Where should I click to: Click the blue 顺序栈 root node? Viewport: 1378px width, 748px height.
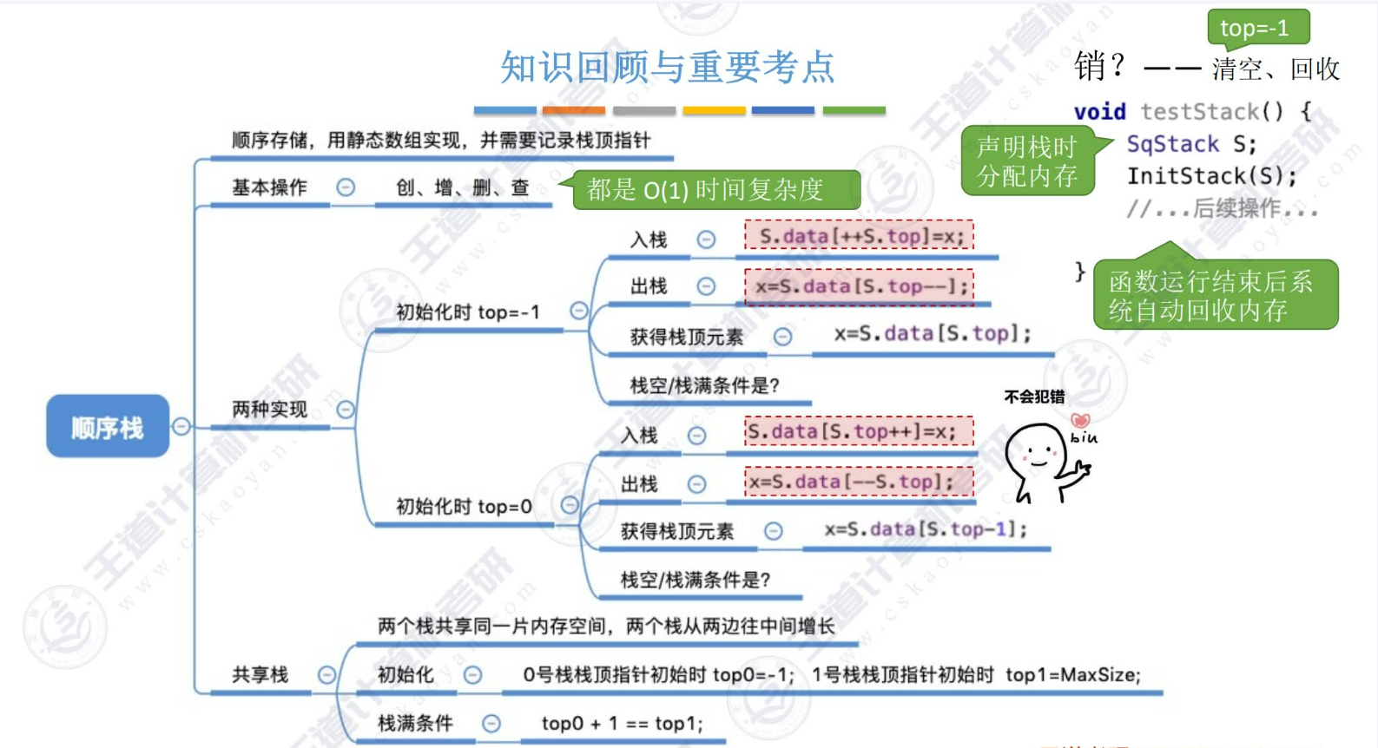click(108, 426)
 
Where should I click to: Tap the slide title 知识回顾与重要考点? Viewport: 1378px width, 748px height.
click(667, 67)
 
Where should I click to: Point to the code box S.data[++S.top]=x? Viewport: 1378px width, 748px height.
click(859, 236)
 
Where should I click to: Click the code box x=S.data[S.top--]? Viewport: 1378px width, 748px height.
click(859, 285)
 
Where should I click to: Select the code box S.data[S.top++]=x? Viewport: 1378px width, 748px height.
click(859, 431)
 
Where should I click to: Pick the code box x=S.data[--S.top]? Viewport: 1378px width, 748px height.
click(859, 481)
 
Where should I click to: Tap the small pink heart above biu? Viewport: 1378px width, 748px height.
click(1080, 421)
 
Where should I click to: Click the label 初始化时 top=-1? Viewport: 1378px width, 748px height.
click(467, 312)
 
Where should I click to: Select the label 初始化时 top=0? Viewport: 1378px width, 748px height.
click(464, 506)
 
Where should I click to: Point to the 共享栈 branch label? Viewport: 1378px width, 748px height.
click(260, 674)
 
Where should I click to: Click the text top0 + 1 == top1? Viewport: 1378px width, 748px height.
click(622, 723)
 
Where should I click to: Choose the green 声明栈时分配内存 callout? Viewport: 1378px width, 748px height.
click(1027, 161)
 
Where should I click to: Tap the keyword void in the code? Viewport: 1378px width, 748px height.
click(1099, 112)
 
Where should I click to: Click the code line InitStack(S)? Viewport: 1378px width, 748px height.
click(1211, 176)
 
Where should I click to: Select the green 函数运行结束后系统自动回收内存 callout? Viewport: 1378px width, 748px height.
click(1214, 295)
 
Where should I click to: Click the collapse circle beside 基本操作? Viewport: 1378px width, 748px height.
click(346, 187)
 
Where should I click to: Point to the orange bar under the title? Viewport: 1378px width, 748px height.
click(574, 110)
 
